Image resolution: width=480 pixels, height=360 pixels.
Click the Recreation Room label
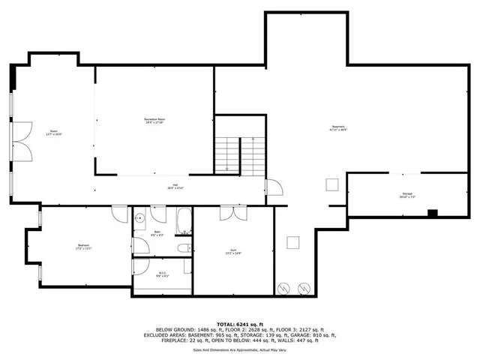(x=154, y=121)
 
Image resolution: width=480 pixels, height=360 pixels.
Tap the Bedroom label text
(x=84, y=247)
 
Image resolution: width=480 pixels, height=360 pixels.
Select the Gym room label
(x=234, y=251)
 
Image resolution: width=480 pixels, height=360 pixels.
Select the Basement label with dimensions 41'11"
(x=338, y=128)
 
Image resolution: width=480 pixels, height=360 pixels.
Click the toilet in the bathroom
(x=184, y=247)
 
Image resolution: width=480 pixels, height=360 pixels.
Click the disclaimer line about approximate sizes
(x=239, y=349)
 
